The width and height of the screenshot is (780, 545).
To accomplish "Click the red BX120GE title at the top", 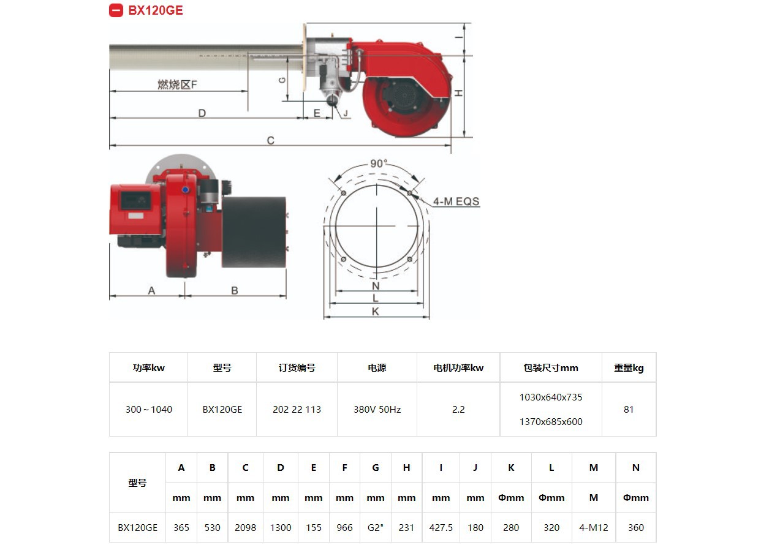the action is pyautogui.click(x=155, y=10).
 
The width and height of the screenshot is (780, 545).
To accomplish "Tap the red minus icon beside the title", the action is pyautogui.click(x=116, y=10).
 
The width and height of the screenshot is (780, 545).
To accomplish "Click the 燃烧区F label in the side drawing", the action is pyautogui.click(x=177, y=85).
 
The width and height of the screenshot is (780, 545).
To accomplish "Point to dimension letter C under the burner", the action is pyautogui.click(x=271, y=140).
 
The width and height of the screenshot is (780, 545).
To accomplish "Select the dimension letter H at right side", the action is pyautogui.click(x=459, y=93).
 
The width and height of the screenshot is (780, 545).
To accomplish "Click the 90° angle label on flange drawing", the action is pyautogui.click(x=379, y=163).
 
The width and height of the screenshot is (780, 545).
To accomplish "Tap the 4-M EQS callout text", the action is pyautogui.click(x=456, y=201).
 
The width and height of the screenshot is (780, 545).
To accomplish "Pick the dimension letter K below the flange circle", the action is pyautogui.click(x=375, y=311).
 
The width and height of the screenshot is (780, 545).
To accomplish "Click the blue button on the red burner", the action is pyautogui.click(x=185, y=190).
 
